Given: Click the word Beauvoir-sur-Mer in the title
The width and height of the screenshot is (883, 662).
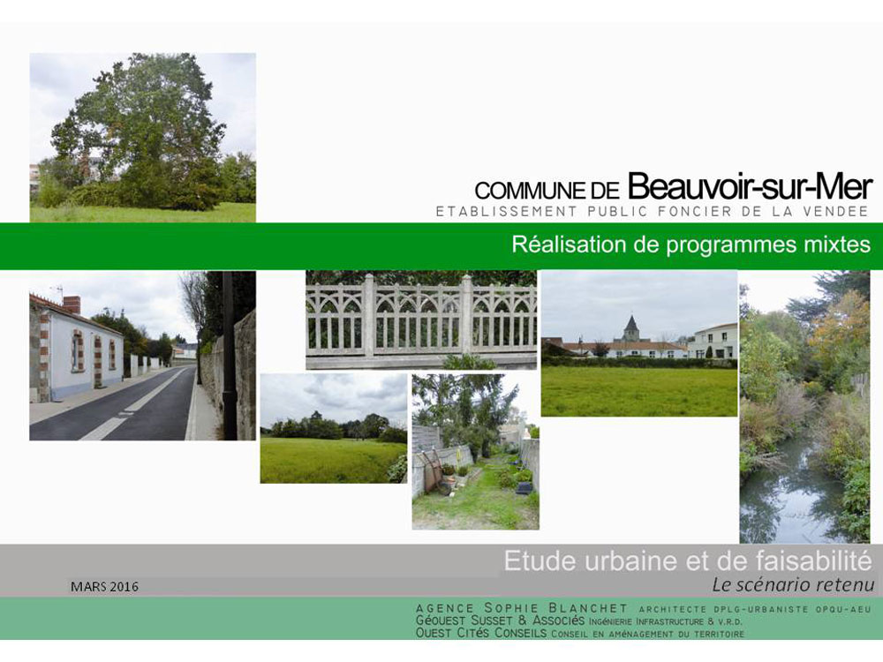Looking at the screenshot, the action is click(750, 187).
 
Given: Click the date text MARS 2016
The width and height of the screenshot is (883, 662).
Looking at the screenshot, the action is click(104, 587).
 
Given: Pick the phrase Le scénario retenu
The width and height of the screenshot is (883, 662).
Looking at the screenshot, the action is click(793, 585).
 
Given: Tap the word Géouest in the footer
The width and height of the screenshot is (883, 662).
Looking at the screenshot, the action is click(441, 621).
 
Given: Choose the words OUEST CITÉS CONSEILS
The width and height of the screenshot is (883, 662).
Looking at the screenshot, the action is click(481, 633).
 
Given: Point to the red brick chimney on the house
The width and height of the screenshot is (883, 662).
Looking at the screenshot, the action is click(72, 305).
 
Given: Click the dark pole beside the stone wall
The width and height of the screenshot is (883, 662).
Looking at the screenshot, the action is click(229, 355).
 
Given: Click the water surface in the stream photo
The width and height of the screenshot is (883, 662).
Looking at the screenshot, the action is click(789, 495).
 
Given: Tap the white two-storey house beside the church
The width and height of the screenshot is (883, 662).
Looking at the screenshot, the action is click(713, 341).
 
